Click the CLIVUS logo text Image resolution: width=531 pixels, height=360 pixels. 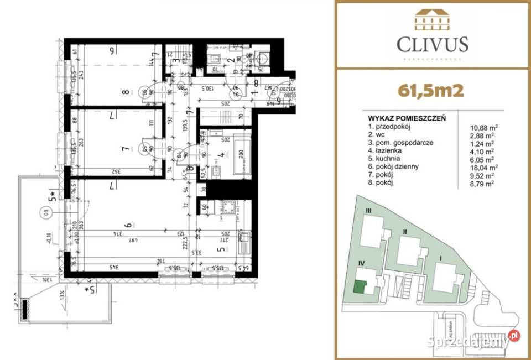pyautogui.click(x=433, y=44)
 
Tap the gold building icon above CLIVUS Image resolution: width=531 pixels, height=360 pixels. pyautogui.click(x=433, y=20)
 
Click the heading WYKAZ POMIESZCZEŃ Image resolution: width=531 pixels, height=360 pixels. pyautogui.click(x=407, y=118)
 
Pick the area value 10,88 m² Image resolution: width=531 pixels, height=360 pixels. pyautogui.click(x=481, y=127)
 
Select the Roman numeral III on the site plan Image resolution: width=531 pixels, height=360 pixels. pyautogui.click(x=367, y=211)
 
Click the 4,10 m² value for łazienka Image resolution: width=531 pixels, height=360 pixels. pyautogui.click(x=481, y=150)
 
